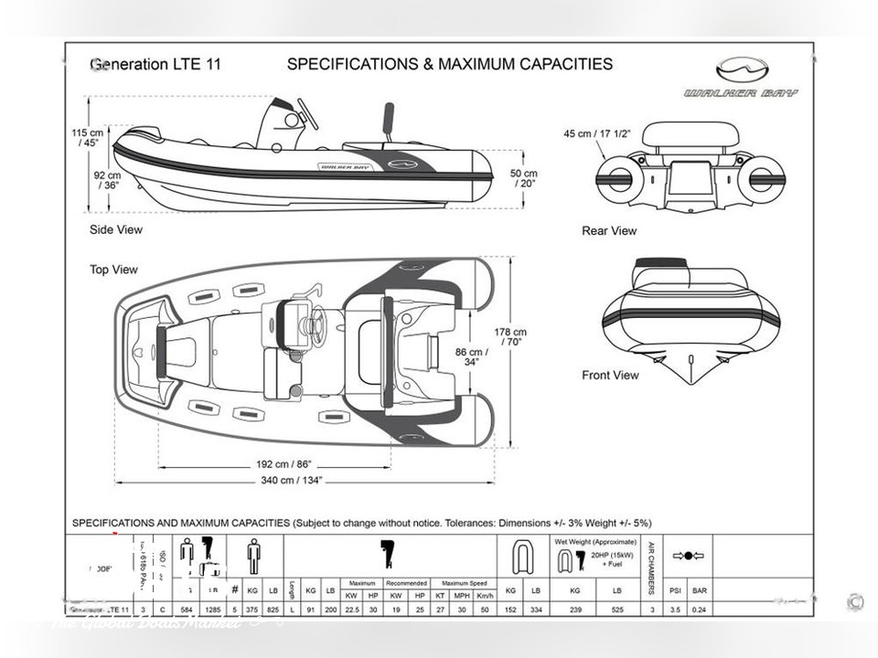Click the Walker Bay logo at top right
pos(740,78)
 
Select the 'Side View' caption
pos(116,229)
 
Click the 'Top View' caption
pos(113,270)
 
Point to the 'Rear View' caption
pos(609,230)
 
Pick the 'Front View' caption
pos(610,375)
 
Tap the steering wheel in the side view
pos(305,113)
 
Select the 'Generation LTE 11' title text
pos(155,65)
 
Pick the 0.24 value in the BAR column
pos(700,609)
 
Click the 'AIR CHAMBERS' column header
pos(651,562)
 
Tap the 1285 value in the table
pos(210,609)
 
